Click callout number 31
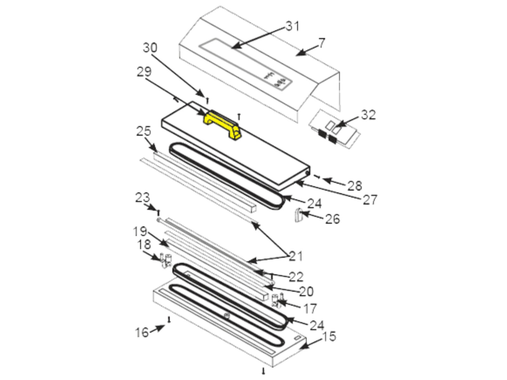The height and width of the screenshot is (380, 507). [x=292, y=26]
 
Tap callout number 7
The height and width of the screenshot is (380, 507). [x=322, y=43]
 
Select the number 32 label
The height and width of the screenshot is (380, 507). [x=368, y=115]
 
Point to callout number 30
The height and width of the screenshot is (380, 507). [x=150, y=48]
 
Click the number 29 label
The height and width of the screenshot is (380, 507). [x=144, y=72]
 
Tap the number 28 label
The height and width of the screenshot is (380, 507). [x=354, y=186]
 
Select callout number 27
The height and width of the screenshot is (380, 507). [x=370, y=199]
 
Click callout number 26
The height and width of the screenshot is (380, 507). [x=332, y=219]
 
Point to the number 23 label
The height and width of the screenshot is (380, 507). [x=142, y=198]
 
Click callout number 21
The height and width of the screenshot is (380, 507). [x=295, y=256]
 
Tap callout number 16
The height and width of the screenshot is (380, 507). [x=142, y=332]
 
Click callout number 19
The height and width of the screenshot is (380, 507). [x=140, y=231]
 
